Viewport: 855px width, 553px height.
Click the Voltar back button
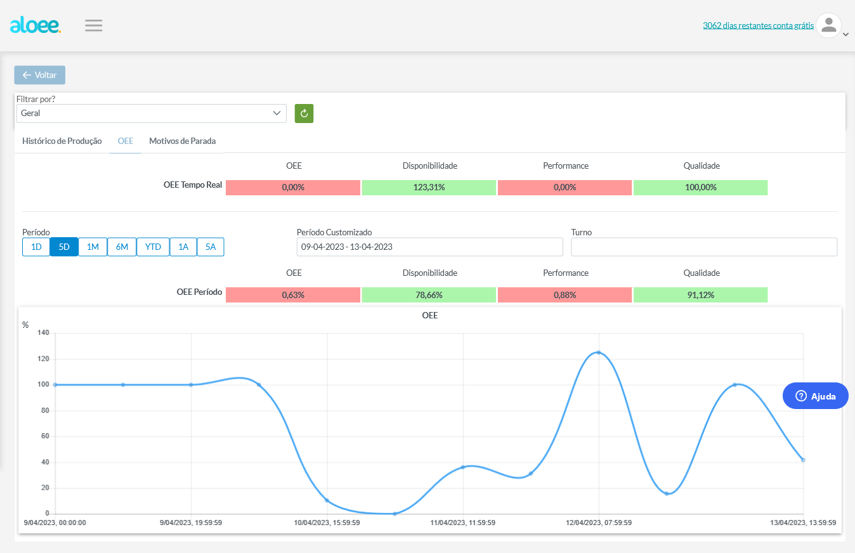40,75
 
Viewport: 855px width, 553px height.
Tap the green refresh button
304,114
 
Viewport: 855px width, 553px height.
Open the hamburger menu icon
93,25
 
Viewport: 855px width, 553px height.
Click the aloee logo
35,25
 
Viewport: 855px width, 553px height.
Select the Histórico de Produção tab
62,141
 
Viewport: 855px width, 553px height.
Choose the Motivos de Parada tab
183,141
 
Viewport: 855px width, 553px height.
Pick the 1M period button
93,247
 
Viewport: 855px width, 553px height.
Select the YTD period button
153,247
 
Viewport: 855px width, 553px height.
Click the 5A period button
211,247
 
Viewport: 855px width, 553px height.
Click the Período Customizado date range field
430,247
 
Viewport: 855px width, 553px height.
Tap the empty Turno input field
704,247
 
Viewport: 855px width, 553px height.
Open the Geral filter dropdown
152,114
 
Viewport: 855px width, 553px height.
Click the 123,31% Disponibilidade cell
429,187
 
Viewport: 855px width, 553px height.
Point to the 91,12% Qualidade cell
701,295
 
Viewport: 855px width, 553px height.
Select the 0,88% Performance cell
565,295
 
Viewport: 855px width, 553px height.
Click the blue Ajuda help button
815,396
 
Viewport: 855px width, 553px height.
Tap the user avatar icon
828,25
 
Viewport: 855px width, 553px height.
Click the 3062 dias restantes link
759,25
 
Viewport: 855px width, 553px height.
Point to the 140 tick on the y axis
44,332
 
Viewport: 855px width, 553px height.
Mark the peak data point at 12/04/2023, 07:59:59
599,353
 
